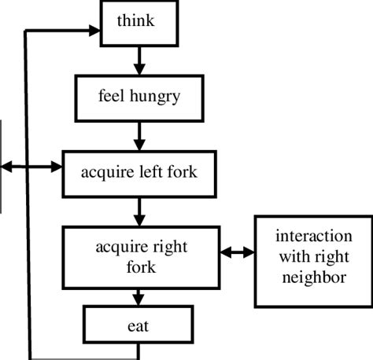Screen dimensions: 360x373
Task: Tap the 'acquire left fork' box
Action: tap(140, 171)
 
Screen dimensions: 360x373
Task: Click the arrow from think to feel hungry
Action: tap(139, 60)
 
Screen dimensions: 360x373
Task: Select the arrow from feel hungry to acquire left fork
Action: tap(139, 134)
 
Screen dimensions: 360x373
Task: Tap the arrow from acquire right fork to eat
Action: tap(140, 297)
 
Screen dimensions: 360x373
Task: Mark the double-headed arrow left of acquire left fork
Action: tap(32, 167)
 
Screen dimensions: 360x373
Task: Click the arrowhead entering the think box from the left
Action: tap(96, 31)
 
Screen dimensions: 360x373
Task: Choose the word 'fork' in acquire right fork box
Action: tap(141, 266)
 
